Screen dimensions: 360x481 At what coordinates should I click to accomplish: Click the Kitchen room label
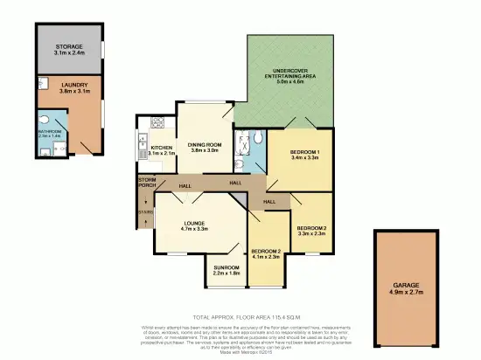[x=162, y=148]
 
